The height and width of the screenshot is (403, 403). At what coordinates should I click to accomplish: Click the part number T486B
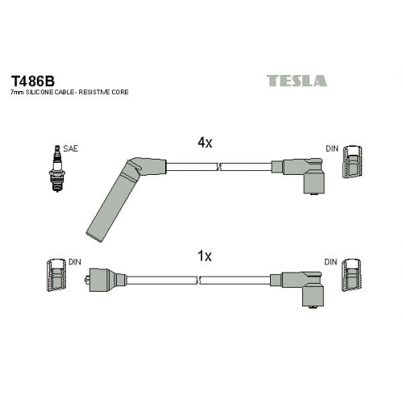click(32, 80)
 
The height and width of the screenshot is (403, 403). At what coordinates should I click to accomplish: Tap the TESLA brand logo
click(297, 81)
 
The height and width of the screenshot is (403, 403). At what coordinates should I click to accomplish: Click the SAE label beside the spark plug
click(71, 148)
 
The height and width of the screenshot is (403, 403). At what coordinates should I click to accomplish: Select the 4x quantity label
click(205, 143)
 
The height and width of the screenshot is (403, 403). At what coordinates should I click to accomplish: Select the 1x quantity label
click(205, 256)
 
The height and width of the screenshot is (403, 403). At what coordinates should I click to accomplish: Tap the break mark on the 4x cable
click(218, 167)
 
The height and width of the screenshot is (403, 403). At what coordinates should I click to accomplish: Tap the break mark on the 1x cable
click(198, 280)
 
